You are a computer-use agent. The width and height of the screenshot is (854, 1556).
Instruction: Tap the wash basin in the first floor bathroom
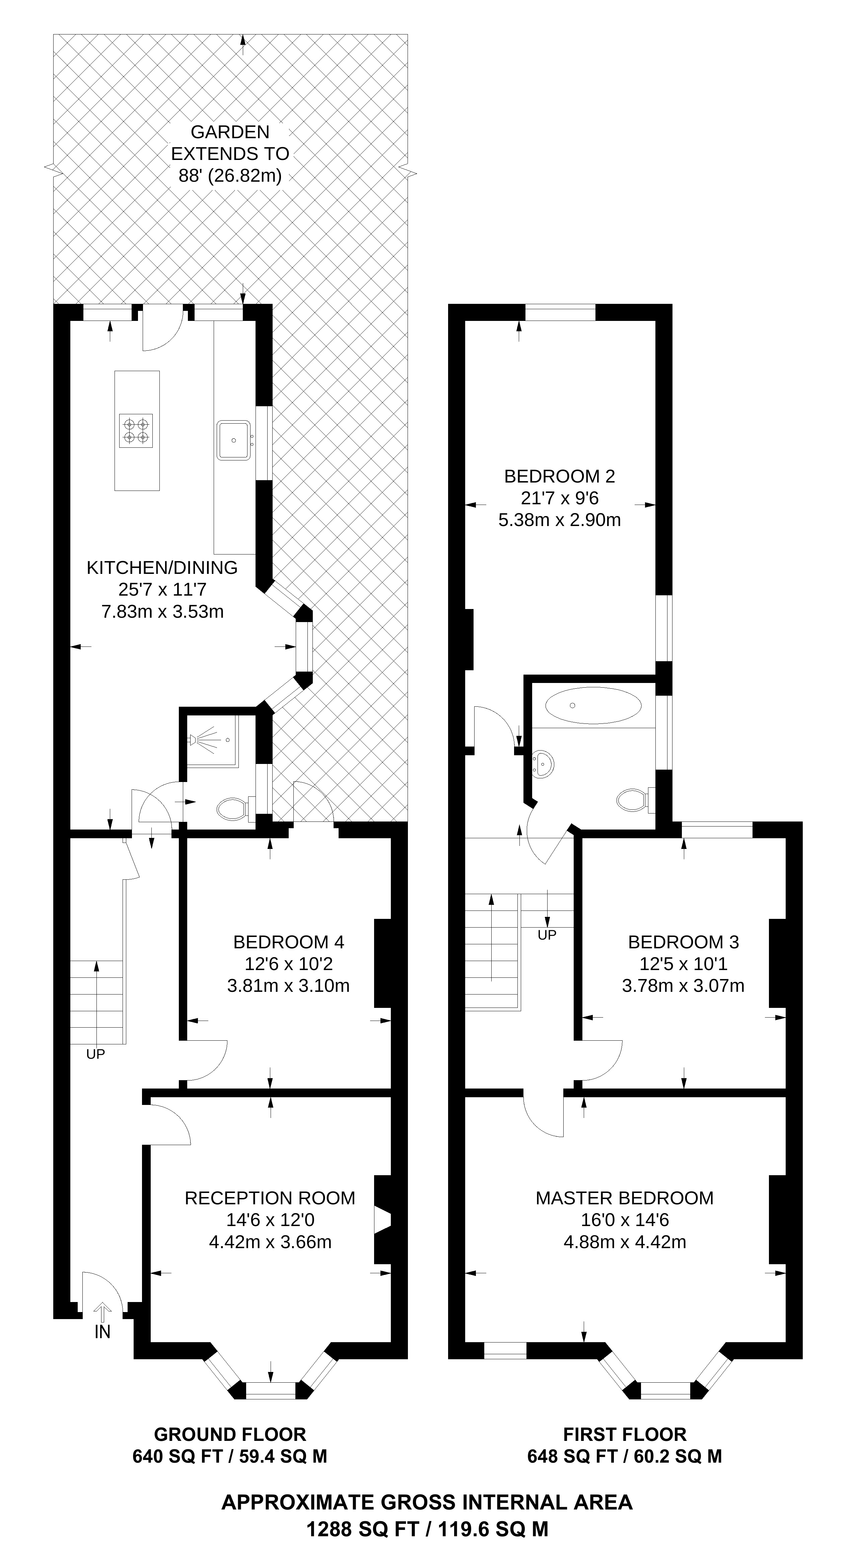544,765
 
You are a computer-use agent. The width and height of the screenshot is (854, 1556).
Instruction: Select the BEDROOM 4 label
288,942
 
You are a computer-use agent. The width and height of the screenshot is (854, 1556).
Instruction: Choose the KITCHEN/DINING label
162,568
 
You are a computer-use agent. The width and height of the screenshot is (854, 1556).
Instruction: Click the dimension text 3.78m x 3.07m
683,986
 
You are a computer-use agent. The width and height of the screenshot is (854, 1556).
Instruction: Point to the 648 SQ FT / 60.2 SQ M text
624,1456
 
